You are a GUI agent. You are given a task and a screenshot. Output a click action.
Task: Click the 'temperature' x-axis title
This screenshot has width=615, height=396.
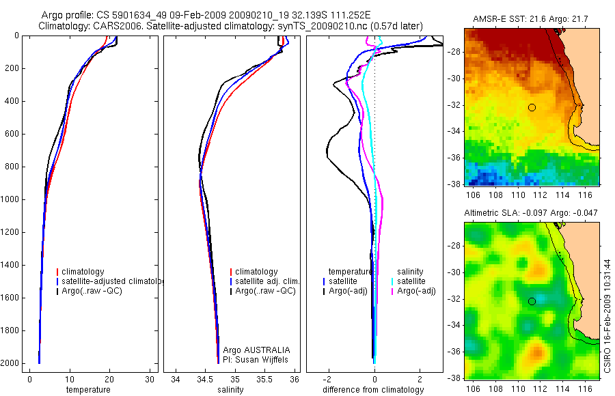point(87,390)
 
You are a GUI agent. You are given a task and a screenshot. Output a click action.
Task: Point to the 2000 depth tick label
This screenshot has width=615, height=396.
point(10,363)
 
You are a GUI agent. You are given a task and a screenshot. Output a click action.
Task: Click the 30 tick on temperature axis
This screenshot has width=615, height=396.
point(150,379)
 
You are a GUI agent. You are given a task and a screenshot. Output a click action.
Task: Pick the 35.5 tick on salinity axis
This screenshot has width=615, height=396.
point(265,379)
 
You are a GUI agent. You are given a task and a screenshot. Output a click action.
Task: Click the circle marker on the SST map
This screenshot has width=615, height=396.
point(532,107)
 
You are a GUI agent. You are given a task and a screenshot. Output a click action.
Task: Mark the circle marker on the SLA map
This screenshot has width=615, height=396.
point(532,301)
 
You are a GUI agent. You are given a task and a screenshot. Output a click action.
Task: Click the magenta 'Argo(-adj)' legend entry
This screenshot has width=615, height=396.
point(416,291)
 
